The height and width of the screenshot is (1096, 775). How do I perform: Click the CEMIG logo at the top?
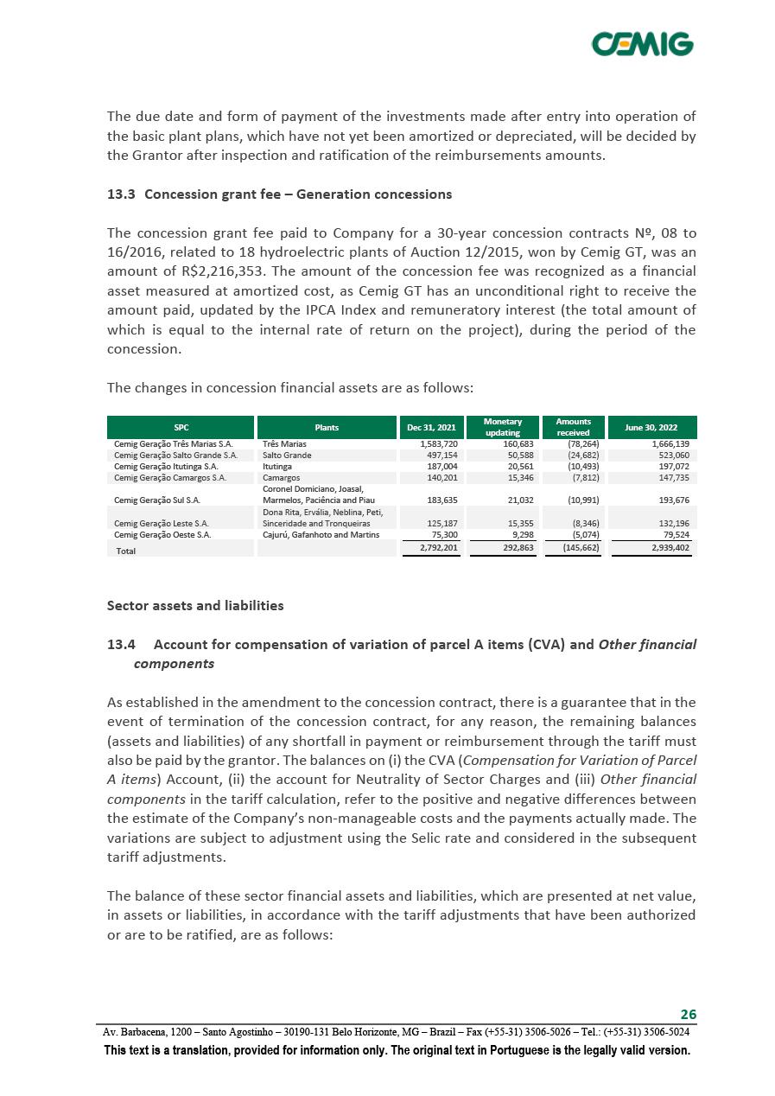point(642,43)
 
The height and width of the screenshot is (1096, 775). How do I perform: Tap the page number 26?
point(689,1014)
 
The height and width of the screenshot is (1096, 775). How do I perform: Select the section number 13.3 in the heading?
point(121,194)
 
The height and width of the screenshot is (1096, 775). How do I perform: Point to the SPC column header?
point(181,427)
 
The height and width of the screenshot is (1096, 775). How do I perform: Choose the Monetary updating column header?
point(502,427)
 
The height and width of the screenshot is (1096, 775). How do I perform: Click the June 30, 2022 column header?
point(653,427)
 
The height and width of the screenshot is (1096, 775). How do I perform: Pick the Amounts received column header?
point(573,427)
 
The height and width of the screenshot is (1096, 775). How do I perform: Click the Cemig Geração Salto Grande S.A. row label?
point(175,455)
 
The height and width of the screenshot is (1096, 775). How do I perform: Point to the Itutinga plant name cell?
point(277,466)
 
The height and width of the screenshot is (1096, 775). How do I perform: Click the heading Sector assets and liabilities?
point(195,606)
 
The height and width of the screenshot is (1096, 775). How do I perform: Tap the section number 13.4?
point(121,645)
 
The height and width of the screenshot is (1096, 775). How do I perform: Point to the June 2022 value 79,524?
point(673,535)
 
